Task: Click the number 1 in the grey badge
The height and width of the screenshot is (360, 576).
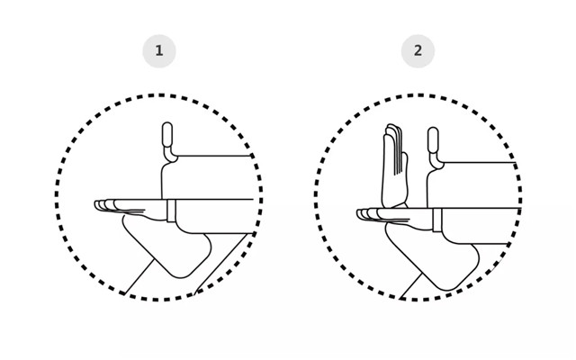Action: point(158,50)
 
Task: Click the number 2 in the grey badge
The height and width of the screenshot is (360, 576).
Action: point(418,50)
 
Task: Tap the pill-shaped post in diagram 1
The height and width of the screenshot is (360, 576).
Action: point(167,135)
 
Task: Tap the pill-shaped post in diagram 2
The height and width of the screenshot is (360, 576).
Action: point(433,140)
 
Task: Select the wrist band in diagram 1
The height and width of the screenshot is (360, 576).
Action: point(171,211)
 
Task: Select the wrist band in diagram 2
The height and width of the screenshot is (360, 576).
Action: point(437,220)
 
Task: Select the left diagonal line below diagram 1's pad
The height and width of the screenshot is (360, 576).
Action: point(139,276)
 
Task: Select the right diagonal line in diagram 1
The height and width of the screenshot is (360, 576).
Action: point(220,264)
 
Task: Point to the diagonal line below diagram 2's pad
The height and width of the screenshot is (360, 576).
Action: point(411,286)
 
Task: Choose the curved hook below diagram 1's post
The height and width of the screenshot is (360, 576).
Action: point(170,156)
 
